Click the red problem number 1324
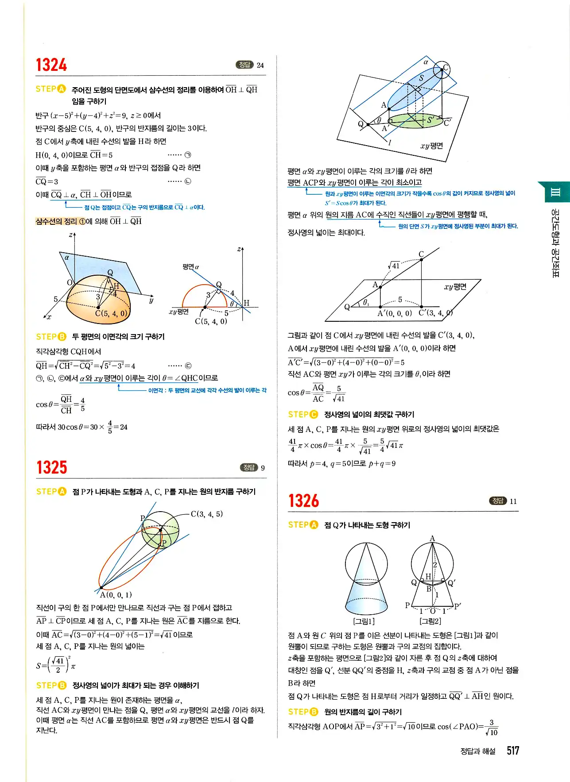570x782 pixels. coord(51,65)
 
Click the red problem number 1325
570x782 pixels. coord(51,467)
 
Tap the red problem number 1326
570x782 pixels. coord(303,501)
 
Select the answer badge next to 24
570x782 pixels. coord(244,65)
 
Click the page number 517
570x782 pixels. coord(513,750)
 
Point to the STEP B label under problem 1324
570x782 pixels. coord(51,337)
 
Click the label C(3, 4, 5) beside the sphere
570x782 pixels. coord(207,514)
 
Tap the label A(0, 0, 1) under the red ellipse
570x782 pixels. coord(116,595)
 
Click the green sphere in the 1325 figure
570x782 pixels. coord(160,529)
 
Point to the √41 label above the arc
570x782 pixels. coord(394,266)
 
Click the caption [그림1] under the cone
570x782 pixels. coord(364,621)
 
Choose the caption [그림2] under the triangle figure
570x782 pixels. coord(430,621)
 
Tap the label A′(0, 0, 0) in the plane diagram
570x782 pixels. coord(394,313)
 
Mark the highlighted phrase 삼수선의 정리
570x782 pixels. coord(56,221)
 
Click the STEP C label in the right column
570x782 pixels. coord(303,415)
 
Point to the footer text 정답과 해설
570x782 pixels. coord(478,751)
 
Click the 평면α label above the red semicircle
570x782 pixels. coord(190,267)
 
